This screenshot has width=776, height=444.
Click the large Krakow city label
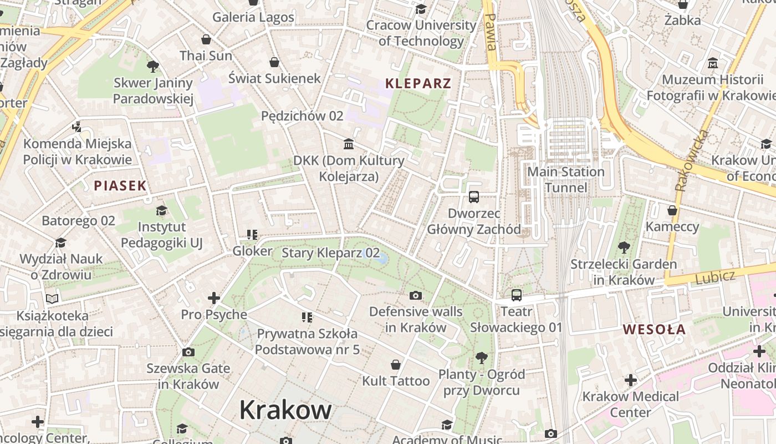[x=285, y=410]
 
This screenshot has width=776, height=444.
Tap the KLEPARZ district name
[x=418, y=84]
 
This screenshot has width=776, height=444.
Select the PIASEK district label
[x=120, y=186]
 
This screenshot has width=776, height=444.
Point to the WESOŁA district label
[x=654, y=329]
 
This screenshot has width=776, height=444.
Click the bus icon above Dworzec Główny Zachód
[x=473, y=196]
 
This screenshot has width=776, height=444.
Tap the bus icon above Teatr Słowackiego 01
[x=516, y=295]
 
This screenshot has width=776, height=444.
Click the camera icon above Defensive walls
[x=415, y=295]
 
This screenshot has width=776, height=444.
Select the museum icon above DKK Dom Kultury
[x=349, y=144]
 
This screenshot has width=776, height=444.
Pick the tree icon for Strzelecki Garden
[x=624, y=247]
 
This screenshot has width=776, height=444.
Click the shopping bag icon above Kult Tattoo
[x=396, y=365]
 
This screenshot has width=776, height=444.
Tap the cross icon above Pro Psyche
[x=213, y=298]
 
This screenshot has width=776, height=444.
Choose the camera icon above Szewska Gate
[x=188, y=352]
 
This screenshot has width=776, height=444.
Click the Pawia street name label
[x=490, y=32]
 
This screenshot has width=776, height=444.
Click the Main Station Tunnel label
[x=565, y=179]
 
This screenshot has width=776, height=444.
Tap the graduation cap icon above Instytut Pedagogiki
[x=161, y=210]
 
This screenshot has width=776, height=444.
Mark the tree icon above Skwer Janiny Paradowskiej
[x=153, y=67]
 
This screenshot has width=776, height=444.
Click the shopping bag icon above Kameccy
[x=672, y=210]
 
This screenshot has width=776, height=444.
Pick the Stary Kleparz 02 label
[x=330, y=253]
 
